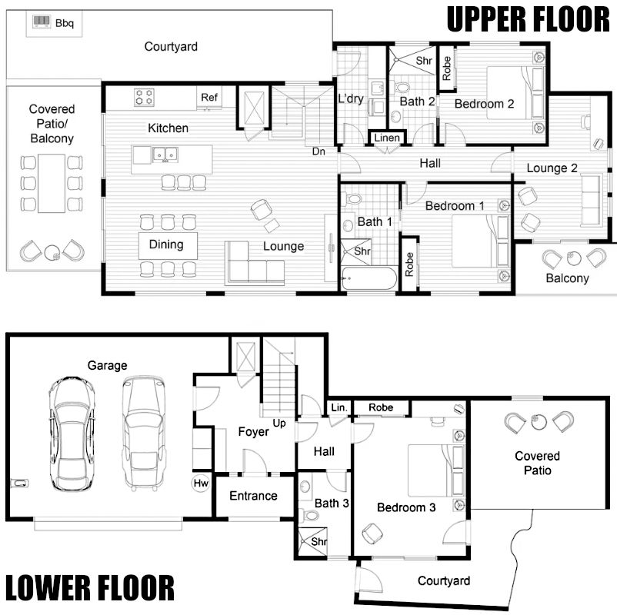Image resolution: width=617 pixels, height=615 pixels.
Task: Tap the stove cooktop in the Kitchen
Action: click(144, 98)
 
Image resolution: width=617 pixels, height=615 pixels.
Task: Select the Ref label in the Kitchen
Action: click(209, 98)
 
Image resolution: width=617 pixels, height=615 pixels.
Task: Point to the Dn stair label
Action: click(319, 151)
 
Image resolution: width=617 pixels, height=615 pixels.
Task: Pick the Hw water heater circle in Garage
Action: click(201, 484)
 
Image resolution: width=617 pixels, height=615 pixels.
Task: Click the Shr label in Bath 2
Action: click(424, 60)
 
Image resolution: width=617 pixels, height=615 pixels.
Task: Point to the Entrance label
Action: click(253, 496)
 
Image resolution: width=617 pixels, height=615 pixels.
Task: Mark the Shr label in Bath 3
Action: click(319, 542)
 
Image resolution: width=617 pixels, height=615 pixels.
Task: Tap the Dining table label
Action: click(166, 245)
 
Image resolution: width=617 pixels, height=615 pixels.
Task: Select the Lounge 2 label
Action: click(552, 168)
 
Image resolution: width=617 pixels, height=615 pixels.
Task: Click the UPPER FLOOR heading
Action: click(528, 18)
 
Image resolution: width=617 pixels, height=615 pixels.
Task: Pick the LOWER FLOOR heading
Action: click(89, 588)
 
